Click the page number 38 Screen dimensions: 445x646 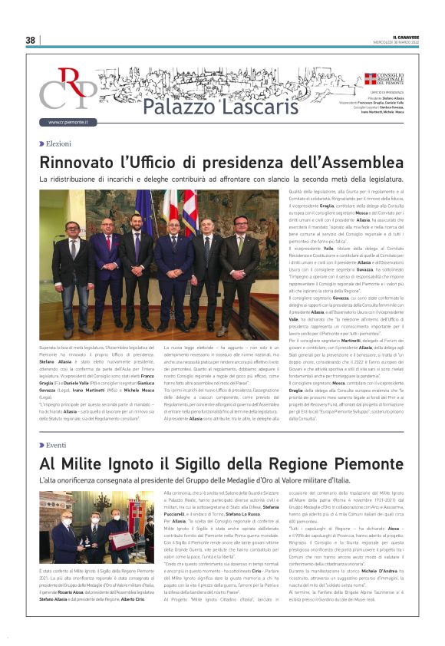coord(30,40)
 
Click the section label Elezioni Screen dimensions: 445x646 coord(58,143)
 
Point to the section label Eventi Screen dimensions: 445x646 coord(56,445)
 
